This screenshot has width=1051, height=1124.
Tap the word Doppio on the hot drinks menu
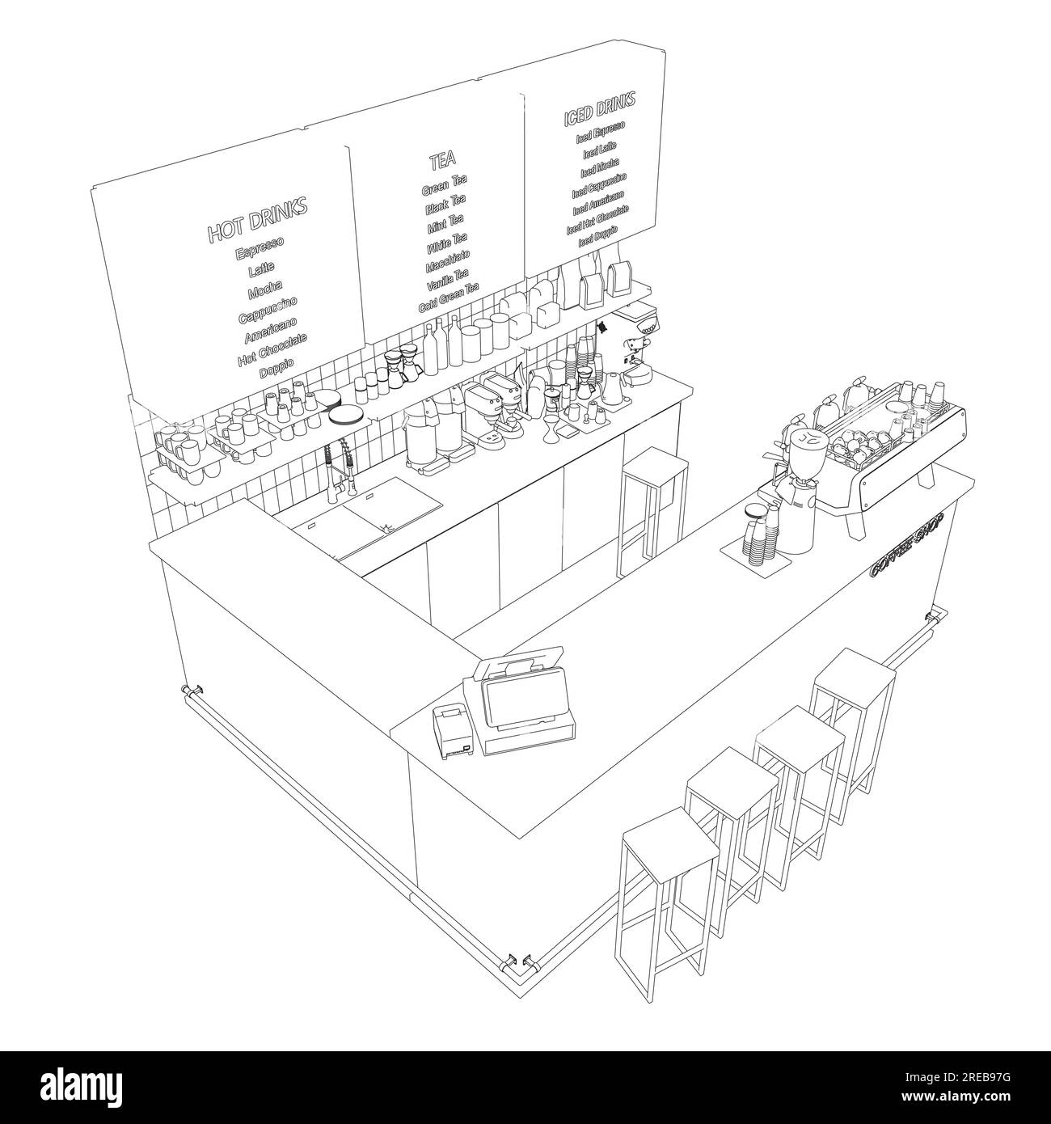276,367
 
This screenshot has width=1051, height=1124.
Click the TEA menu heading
442,161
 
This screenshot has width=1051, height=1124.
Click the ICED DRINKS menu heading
599,109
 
